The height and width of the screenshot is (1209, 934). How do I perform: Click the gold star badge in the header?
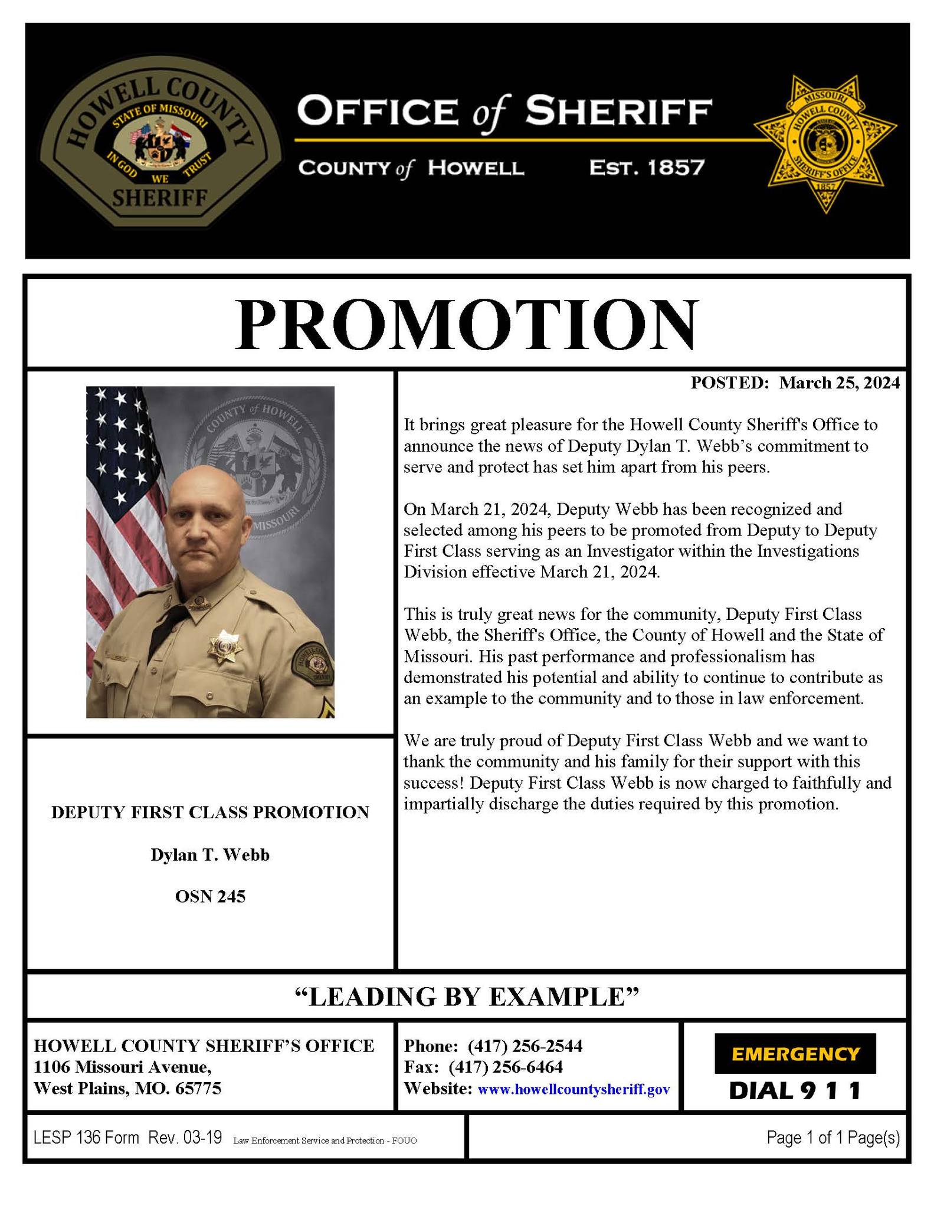tap(825, 143)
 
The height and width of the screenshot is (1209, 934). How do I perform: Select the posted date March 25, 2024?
tap(839, 383)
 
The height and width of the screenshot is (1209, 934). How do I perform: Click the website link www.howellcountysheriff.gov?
tap(573, 1089)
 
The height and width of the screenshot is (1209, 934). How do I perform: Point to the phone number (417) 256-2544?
tap(525, 1046)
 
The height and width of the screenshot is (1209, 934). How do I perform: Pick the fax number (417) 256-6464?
tap(506, 1067)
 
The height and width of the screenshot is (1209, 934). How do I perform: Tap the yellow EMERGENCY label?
tap(795, 1053)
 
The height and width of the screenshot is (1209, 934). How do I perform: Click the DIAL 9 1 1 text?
tap(795, 1090)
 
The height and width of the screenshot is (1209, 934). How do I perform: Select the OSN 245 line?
tap(210, 897)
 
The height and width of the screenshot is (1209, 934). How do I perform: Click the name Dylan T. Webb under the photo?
tap(210, 855)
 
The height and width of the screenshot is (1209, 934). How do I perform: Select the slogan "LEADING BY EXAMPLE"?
tap(466, 996)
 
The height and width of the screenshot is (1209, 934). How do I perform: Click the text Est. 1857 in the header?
tap(647, 168)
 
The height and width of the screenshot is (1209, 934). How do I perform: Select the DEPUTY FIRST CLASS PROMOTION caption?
tap(210, 812)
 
